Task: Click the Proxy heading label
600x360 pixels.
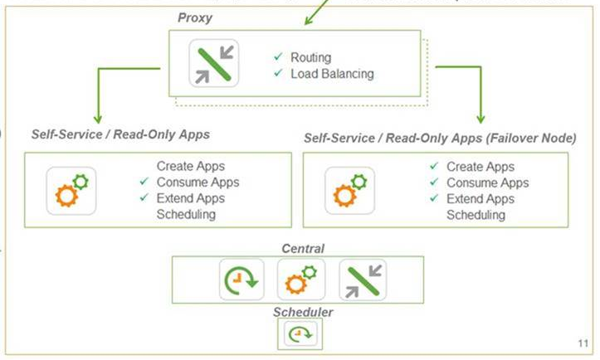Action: pos(195,17)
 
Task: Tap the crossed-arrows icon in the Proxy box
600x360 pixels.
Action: pos(213,63)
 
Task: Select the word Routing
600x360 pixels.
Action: pos(310,57)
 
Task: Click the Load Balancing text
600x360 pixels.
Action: pos(332,74)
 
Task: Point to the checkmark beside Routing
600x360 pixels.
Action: pos(278,57)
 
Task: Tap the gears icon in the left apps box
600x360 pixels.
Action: pos(71,190)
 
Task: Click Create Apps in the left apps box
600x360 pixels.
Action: pos(190,166)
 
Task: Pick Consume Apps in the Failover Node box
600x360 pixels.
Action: pos(487,182)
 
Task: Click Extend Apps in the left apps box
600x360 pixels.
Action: pos(190,198)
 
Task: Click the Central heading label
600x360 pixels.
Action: pos(302,248)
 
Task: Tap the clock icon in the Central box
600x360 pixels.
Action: pos(241,280)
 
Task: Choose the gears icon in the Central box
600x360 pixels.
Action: pos(300,280)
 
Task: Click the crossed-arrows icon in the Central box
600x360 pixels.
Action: pos(363,280)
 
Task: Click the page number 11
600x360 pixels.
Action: pos(581,343)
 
